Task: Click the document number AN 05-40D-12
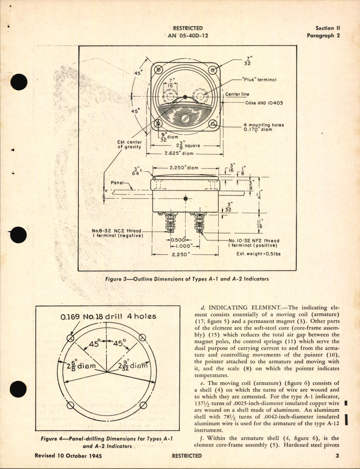pos(188,36)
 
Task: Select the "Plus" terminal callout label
pos(259,80)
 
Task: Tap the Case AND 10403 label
pos(264,103)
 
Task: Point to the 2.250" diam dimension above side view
pos(184,168)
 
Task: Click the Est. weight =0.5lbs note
pos(258,254)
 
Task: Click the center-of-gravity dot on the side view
pos(186,199)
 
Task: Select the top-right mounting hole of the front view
pos(213,70)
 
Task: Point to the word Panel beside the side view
pos(117,183)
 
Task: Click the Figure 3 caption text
pos(187,279)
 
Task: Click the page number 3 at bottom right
pos(337,456)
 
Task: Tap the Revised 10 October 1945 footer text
pos(68,456)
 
